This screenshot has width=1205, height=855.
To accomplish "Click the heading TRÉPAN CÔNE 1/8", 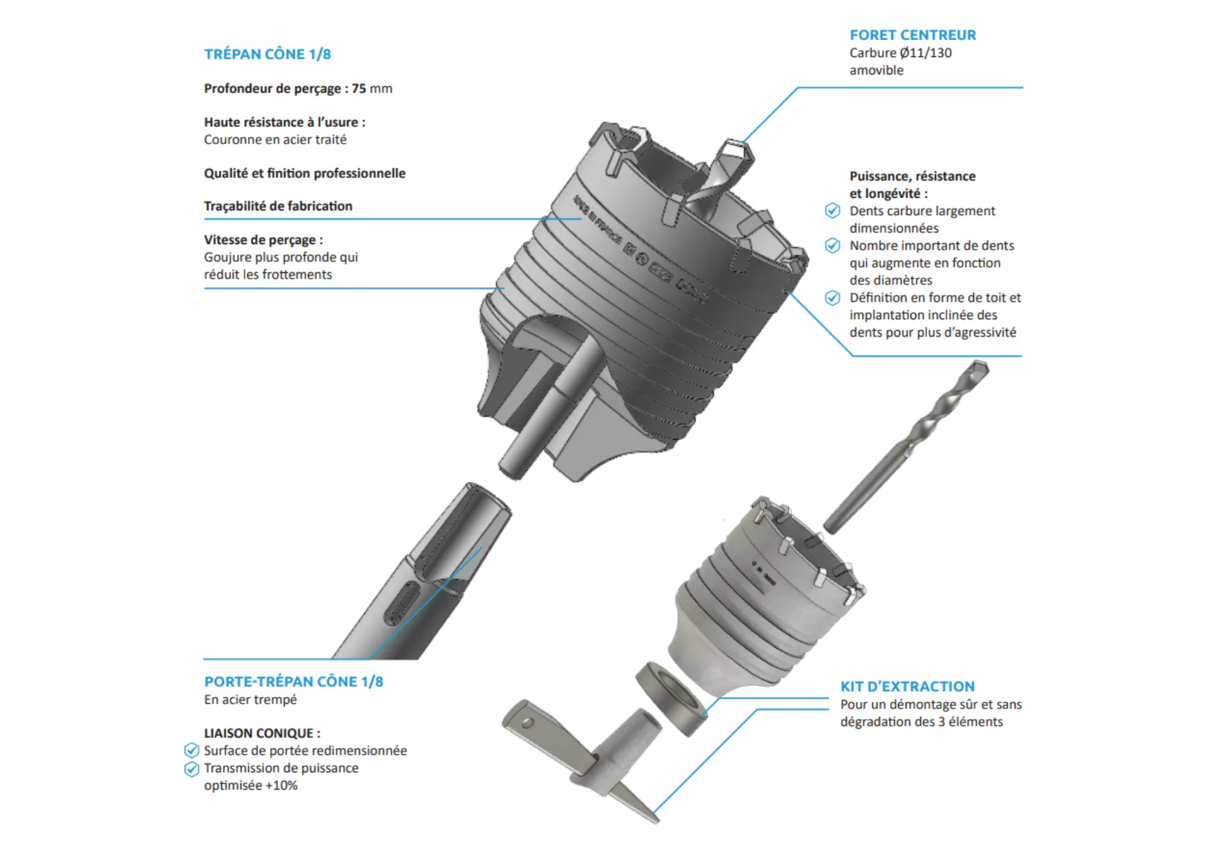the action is tap(267, 54).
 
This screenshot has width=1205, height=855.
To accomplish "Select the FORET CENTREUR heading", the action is tap(913, 34).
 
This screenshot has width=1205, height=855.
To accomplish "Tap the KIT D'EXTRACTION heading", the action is tap(907, 686).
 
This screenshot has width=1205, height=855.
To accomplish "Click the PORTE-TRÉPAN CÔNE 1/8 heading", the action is tap(294, 681).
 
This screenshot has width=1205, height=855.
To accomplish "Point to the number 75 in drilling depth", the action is tap(359, 88).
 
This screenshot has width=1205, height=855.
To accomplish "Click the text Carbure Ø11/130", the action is tap(900, 52).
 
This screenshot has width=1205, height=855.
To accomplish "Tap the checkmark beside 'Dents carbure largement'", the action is tap(833, 211).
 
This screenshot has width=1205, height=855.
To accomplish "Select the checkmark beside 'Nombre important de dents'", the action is tap(833, 245).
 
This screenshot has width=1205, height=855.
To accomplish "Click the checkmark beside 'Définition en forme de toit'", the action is tap(833, 298).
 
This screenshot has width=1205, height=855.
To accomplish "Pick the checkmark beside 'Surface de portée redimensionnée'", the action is tap(192, 750).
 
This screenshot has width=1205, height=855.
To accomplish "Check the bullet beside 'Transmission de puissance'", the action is tap(192, 768).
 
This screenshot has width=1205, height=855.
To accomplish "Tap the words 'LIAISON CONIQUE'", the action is tap(259, 733).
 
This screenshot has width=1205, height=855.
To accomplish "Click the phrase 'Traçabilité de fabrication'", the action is tap(278, 205).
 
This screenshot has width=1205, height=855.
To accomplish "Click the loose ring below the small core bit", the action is tap(671, 698).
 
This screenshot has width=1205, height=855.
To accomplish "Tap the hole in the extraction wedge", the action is tap(527, 723).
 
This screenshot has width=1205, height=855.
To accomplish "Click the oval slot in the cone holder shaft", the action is tap(401, 604).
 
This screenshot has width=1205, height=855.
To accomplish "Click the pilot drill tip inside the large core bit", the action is tap(735, 150).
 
